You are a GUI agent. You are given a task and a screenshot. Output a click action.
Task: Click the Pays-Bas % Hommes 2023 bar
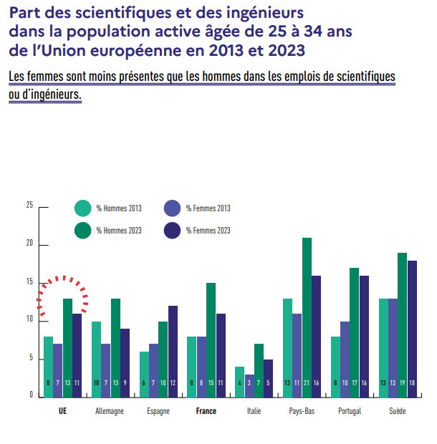(x=307, y=315)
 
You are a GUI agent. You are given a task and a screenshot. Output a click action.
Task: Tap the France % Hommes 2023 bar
(x=211, y=337)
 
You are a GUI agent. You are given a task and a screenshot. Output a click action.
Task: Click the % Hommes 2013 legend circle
(x=83, y=208)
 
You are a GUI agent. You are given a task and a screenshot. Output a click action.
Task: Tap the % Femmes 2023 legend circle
(x=173, y=231)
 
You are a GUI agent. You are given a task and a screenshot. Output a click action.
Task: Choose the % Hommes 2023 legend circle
(x=83, y=231)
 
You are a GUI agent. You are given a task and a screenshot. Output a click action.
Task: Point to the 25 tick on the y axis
(x=29, y=206)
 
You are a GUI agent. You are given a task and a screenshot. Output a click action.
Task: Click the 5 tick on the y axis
(x=31, y=358)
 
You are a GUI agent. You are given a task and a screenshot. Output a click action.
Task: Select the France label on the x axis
(x=206, y=412)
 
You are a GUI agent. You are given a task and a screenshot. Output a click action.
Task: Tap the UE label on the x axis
(x=62, y=412)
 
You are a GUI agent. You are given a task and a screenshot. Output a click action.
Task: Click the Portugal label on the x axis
(x=350, y=412)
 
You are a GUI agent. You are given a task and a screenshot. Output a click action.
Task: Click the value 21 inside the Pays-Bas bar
(x=307, y=384)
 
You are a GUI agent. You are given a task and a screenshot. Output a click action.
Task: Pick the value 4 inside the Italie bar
(x=239, y=384)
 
